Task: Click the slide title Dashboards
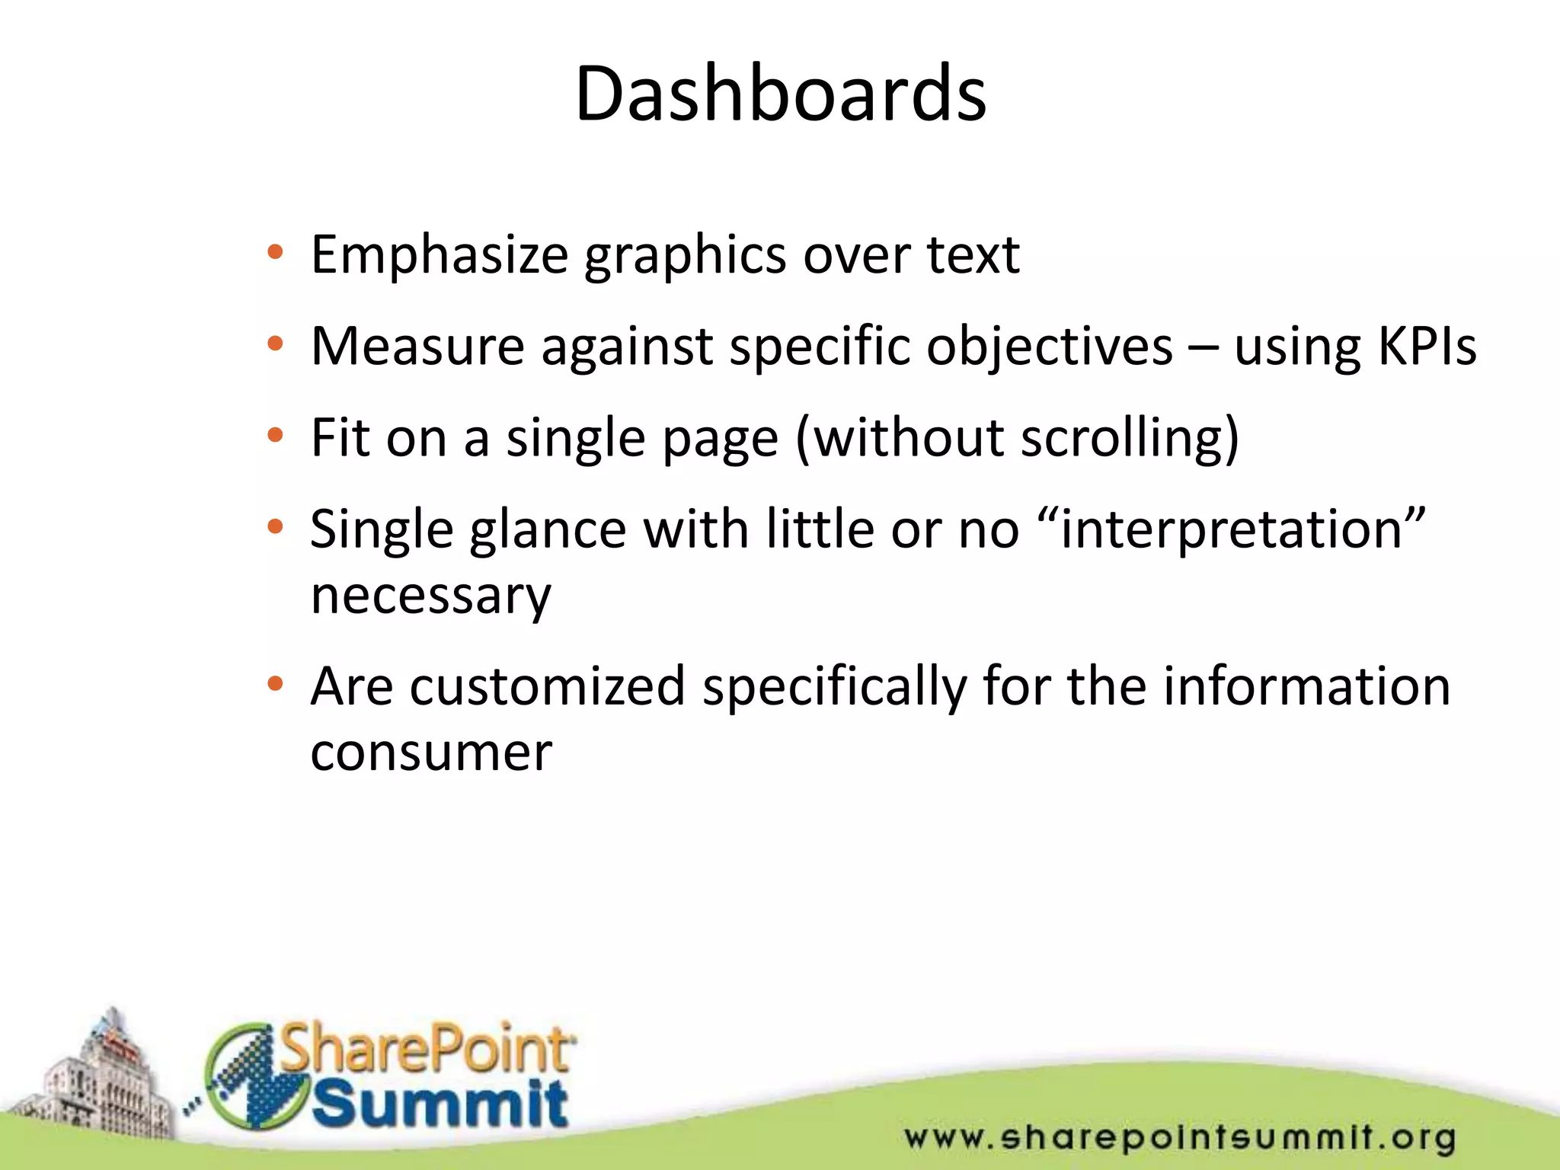(x=780, y=94)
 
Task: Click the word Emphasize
(x=440, y=255)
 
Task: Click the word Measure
(x=417, y=347)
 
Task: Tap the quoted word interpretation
(x=1231, y=529)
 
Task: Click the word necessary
(x=430, y=596)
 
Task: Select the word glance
(x=547, y=530)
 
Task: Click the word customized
(x=547, y=686)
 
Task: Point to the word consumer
(x=430, y=753)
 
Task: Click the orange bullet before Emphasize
(x=275, y=252)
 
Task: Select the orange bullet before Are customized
(x=275, y=684)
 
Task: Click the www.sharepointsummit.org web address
(x=1180, y=1137)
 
